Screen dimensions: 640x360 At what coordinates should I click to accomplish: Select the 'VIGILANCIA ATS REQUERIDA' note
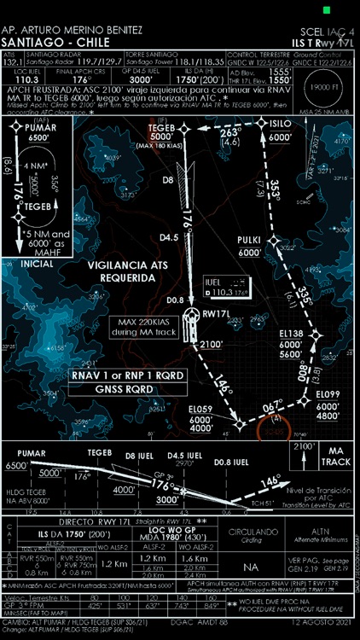136,271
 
